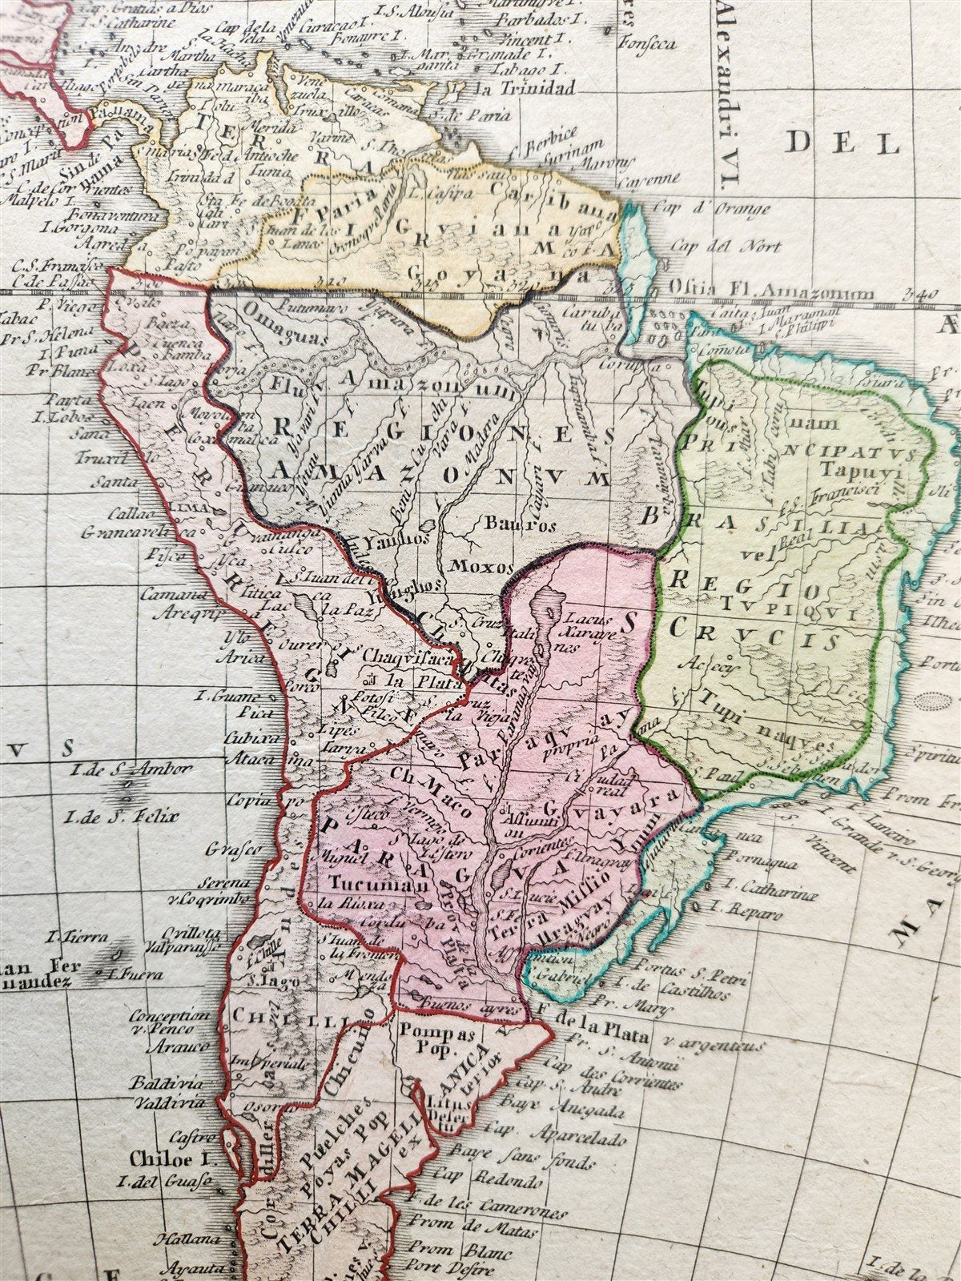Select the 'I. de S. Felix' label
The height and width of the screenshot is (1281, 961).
coord(115,817)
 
